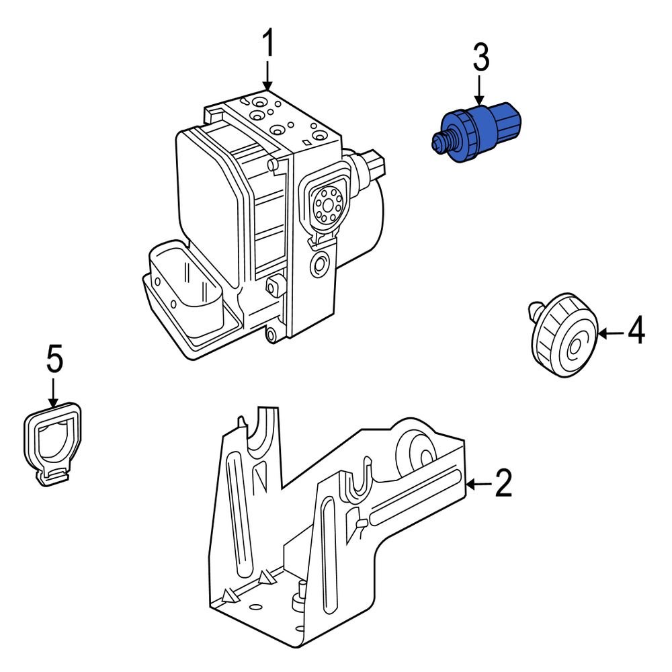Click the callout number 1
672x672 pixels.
(x=267, y=45)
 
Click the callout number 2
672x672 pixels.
(x=503, y=483)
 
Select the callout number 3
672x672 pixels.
(x=480, y=59)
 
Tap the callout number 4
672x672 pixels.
(x=636, y=331)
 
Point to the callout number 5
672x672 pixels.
(x=54, y=360)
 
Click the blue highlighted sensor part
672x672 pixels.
(x=477, y=131)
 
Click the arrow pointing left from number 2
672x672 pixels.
(x=478, y=483)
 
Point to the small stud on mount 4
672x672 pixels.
(x=536, y=310)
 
